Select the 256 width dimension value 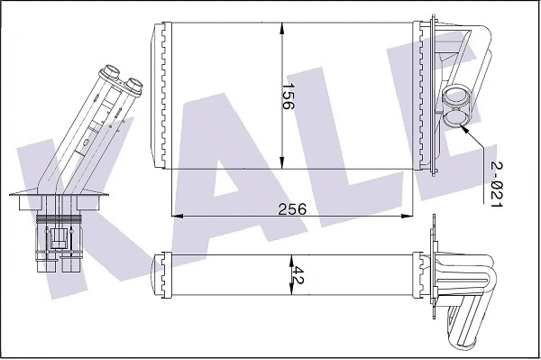[291, 208]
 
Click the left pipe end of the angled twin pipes [112, 69]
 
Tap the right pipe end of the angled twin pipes [133, 84]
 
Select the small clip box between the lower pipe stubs [58, 238]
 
